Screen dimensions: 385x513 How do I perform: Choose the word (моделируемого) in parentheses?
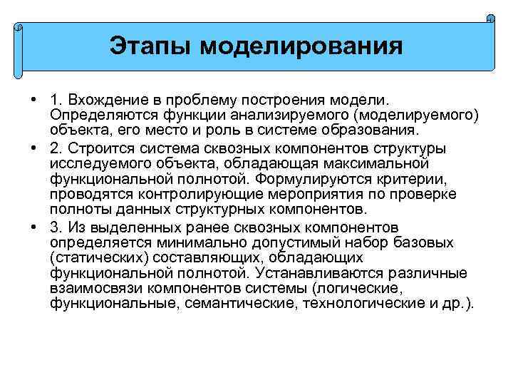point(419,116)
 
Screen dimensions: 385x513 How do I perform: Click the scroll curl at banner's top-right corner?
point(491,19)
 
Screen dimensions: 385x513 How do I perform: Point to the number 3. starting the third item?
point(56,227)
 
